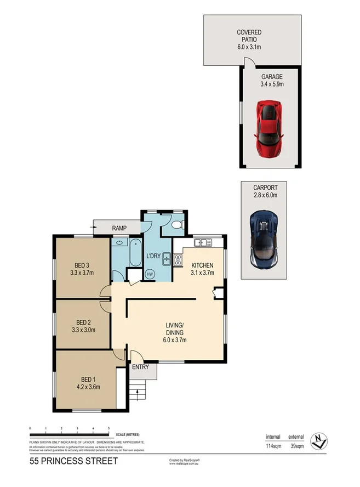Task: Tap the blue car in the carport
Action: pos(265,239)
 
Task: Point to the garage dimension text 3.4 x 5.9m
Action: pos(272,85)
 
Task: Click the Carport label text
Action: pos(266,187)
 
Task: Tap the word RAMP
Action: pos(119,228)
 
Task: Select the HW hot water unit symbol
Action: pos(150,274)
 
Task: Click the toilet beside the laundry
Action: pos(176,225)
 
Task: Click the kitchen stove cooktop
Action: pos(178,261)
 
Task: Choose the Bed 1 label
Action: pos(88,379)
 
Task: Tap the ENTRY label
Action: pos(141,367)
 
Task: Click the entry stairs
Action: pos(140,393)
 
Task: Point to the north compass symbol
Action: pos(318,439)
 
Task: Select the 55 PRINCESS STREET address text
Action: pos(74,461)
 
